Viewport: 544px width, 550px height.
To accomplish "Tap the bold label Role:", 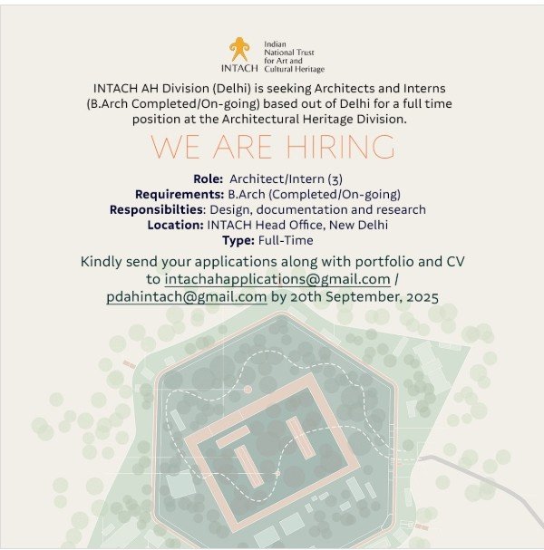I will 209,179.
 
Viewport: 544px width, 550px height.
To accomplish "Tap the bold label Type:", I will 239,240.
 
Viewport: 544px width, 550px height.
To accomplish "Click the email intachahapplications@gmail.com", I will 277,279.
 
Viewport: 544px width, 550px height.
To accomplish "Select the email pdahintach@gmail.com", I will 186,296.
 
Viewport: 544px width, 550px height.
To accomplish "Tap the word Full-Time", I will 286,240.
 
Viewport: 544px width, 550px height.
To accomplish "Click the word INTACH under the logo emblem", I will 239,68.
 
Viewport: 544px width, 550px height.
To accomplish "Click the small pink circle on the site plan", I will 248,389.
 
